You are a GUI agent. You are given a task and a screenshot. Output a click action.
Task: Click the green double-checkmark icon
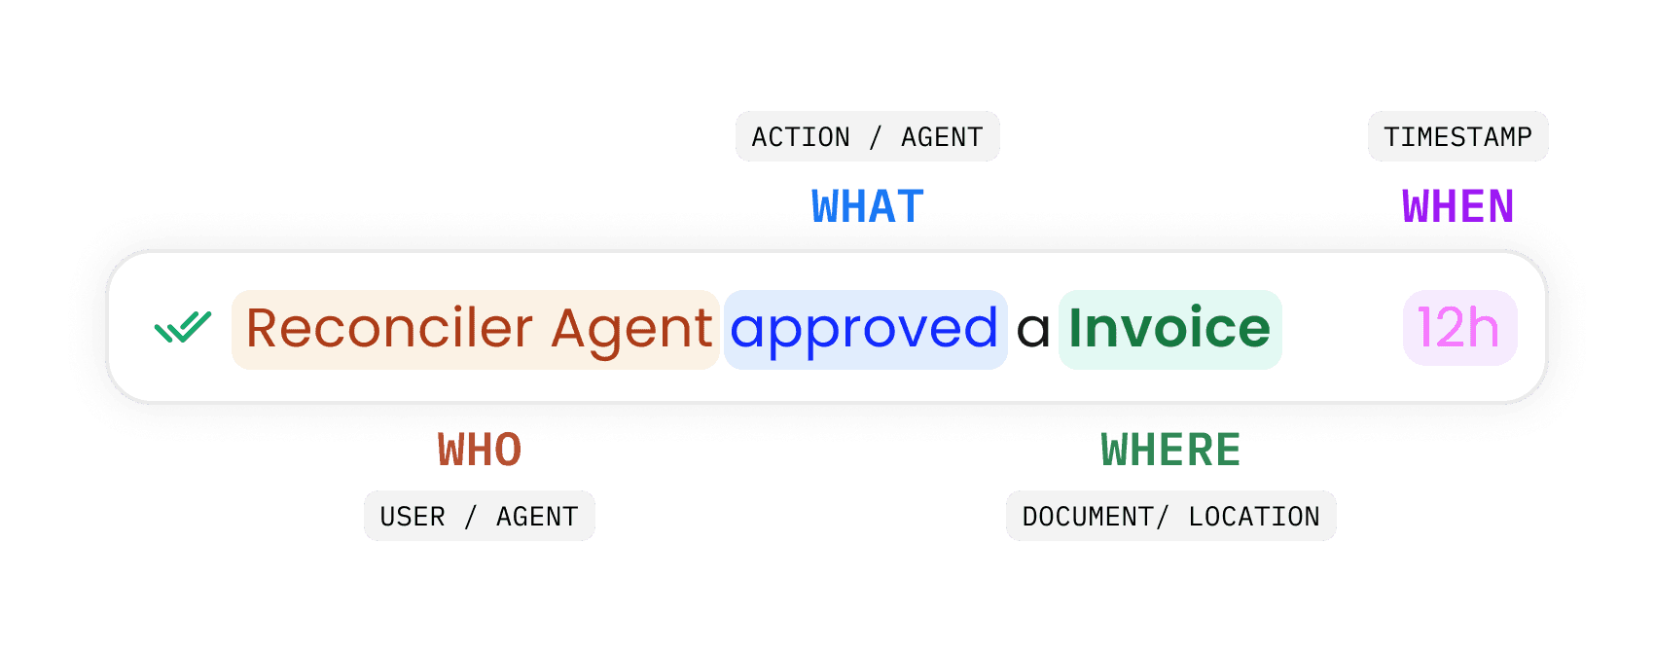click(183, 328)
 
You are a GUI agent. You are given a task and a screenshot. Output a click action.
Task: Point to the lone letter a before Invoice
click(1033, 332)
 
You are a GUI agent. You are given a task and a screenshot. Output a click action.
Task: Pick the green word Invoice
click(1169, 328)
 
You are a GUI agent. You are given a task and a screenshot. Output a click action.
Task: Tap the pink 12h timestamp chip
click(1458, 328)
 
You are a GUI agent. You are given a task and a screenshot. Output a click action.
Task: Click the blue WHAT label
click(868, 206)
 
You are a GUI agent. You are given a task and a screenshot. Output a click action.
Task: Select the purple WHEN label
click(1457, 206)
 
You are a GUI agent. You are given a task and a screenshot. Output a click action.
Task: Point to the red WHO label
click(480, 450)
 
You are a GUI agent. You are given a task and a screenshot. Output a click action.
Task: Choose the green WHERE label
click(1170, 450)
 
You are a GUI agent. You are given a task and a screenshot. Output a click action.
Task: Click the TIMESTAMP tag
click(1457, 137)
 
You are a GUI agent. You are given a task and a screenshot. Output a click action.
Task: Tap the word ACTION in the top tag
click(801, 137)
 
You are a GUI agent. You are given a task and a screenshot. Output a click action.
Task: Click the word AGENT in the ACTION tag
click(942, 137)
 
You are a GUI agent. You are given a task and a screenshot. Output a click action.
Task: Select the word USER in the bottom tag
click(413, 517)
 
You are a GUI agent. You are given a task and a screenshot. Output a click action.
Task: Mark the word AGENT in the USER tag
click(537, 517)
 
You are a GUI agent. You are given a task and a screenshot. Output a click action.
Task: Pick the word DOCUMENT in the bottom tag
click(1088, 517)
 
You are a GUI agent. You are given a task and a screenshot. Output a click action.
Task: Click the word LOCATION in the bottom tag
click(1254, 517)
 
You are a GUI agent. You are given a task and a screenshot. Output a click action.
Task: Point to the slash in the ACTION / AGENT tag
click(876, 137)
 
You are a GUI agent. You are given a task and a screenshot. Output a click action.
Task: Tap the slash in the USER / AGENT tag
click(471, 517)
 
